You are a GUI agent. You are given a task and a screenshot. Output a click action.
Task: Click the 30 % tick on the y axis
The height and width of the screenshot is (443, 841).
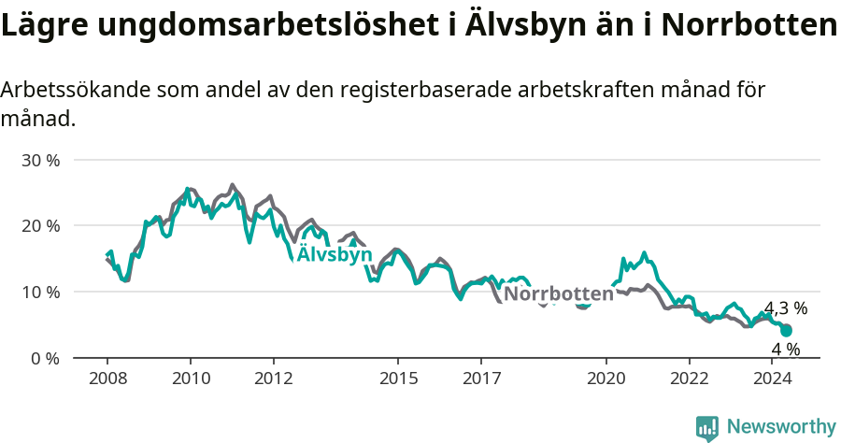point(40,160)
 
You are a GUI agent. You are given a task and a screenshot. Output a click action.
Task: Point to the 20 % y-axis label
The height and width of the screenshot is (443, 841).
point(40,225)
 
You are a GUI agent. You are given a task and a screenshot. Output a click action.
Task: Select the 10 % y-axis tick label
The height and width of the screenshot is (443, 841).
point(40,292)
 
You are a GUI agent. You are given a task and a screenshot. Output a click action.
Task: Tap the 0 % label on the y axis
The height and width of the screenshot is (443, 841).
point(45,358)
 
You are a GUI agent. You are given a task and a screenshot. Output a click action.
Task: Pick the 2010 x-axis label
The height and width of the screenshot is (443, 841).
point(191,378)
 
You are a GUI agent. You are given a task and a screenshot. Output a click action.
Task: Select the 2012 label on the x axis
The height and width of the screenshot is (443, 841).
point(274,378)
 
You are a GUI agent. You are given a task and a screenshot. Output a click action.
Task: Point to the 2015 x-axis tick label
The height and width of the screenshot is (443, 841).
point(398,378)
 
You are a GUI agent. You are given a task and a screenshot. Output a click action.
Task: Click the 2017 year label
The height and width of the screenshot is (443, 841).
point(481,378)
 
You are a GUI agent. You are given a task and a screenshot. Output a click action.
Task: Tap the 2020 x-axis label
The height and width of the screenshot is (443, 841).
point(606,378)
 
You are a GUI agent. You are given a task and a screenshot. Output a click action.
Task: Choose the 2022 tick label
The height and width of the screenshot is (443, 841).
point(690,378)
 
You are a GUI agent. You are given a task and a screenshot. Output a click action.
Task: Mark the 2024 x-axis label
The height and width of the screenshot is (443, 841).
point(773,378)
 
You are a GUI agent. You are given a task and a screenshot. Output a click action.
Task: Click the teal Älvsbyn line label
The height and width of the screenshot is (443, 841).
point(335,255)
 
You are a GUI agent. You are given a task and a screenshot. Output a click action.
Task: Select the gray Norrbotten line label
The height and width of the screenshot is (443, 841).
point(559,293)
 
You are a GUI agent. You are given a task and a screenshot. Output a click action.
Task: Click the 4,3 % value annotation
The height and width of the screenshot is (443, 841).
point(786,308)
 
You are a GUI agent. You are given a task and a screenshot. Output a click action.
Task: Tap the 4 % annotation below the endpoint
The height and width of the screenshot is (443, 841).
point(786,350)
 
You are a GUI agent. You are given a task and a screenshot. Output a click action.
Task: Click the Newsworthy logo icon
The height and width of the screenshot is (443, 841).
point(707,428)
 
